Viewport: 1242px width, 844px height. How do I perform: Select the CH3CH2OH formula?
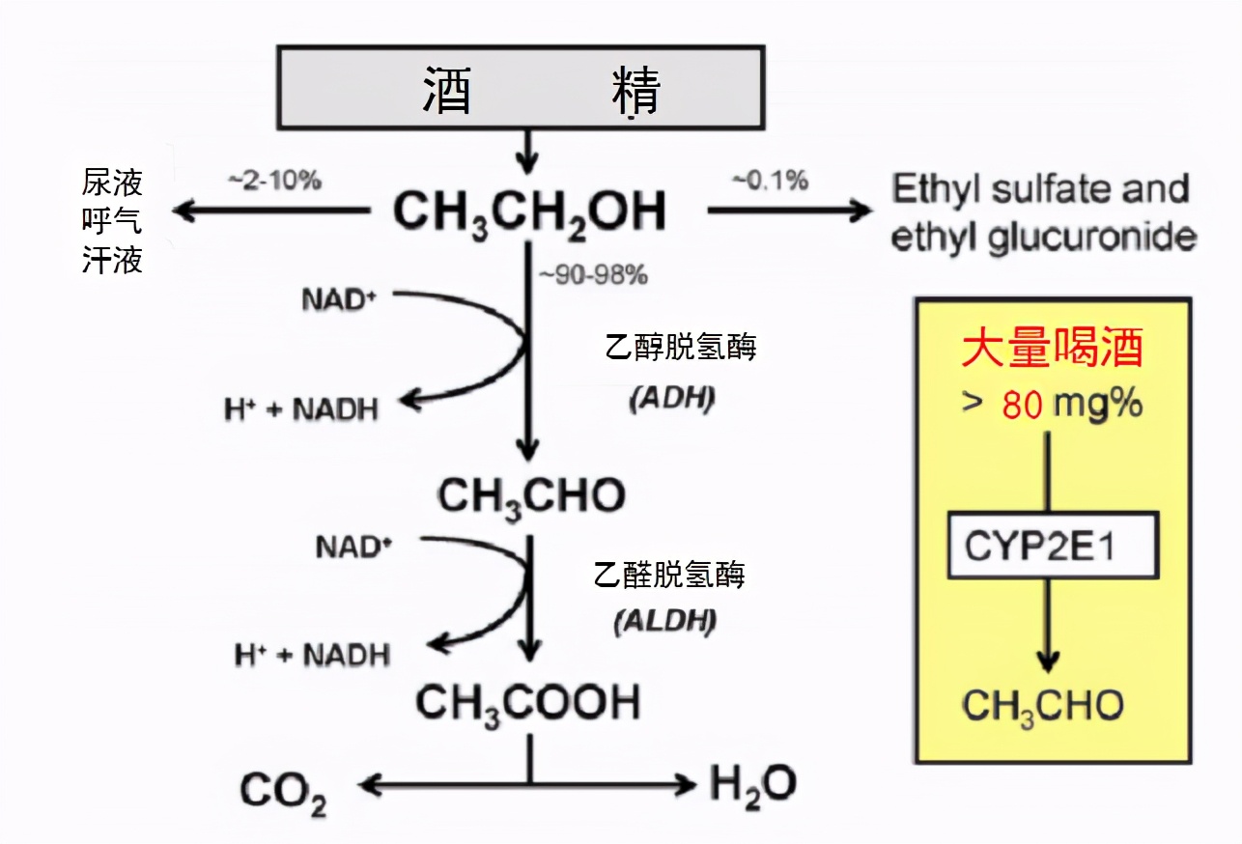528,211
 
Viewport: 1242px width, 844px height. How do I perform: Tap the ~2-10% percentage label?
274,181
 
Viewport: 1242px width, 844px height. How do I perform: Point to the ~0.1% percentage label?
771,180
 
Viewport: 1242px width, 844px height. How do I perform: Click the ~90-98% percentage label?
592,275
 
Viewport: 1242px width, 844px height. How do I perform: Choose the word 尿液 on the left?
112,183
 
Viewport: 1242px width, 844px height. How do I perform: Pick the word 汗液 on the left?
112,260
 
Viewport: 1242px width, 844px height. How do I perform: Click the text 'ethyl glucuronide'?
1042,237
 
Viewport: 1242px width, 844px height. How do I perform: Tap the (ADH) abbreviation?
672,399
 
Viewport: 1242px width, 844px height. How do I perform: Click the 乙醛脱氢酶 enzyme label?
668,576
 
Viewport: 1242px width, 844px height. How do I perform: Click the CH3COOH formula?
527,702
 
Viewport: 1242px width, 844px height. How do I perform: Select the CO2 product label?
283,791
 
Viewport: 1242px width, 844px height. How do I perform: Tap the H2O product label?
752,784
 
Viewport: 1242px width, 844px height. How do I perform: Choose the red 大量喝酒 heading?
1052,347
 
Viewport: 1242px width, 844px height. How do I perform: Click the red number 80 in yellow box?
1022,405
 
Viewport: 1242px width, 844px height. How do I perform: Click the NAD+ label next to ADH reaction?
338,299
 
